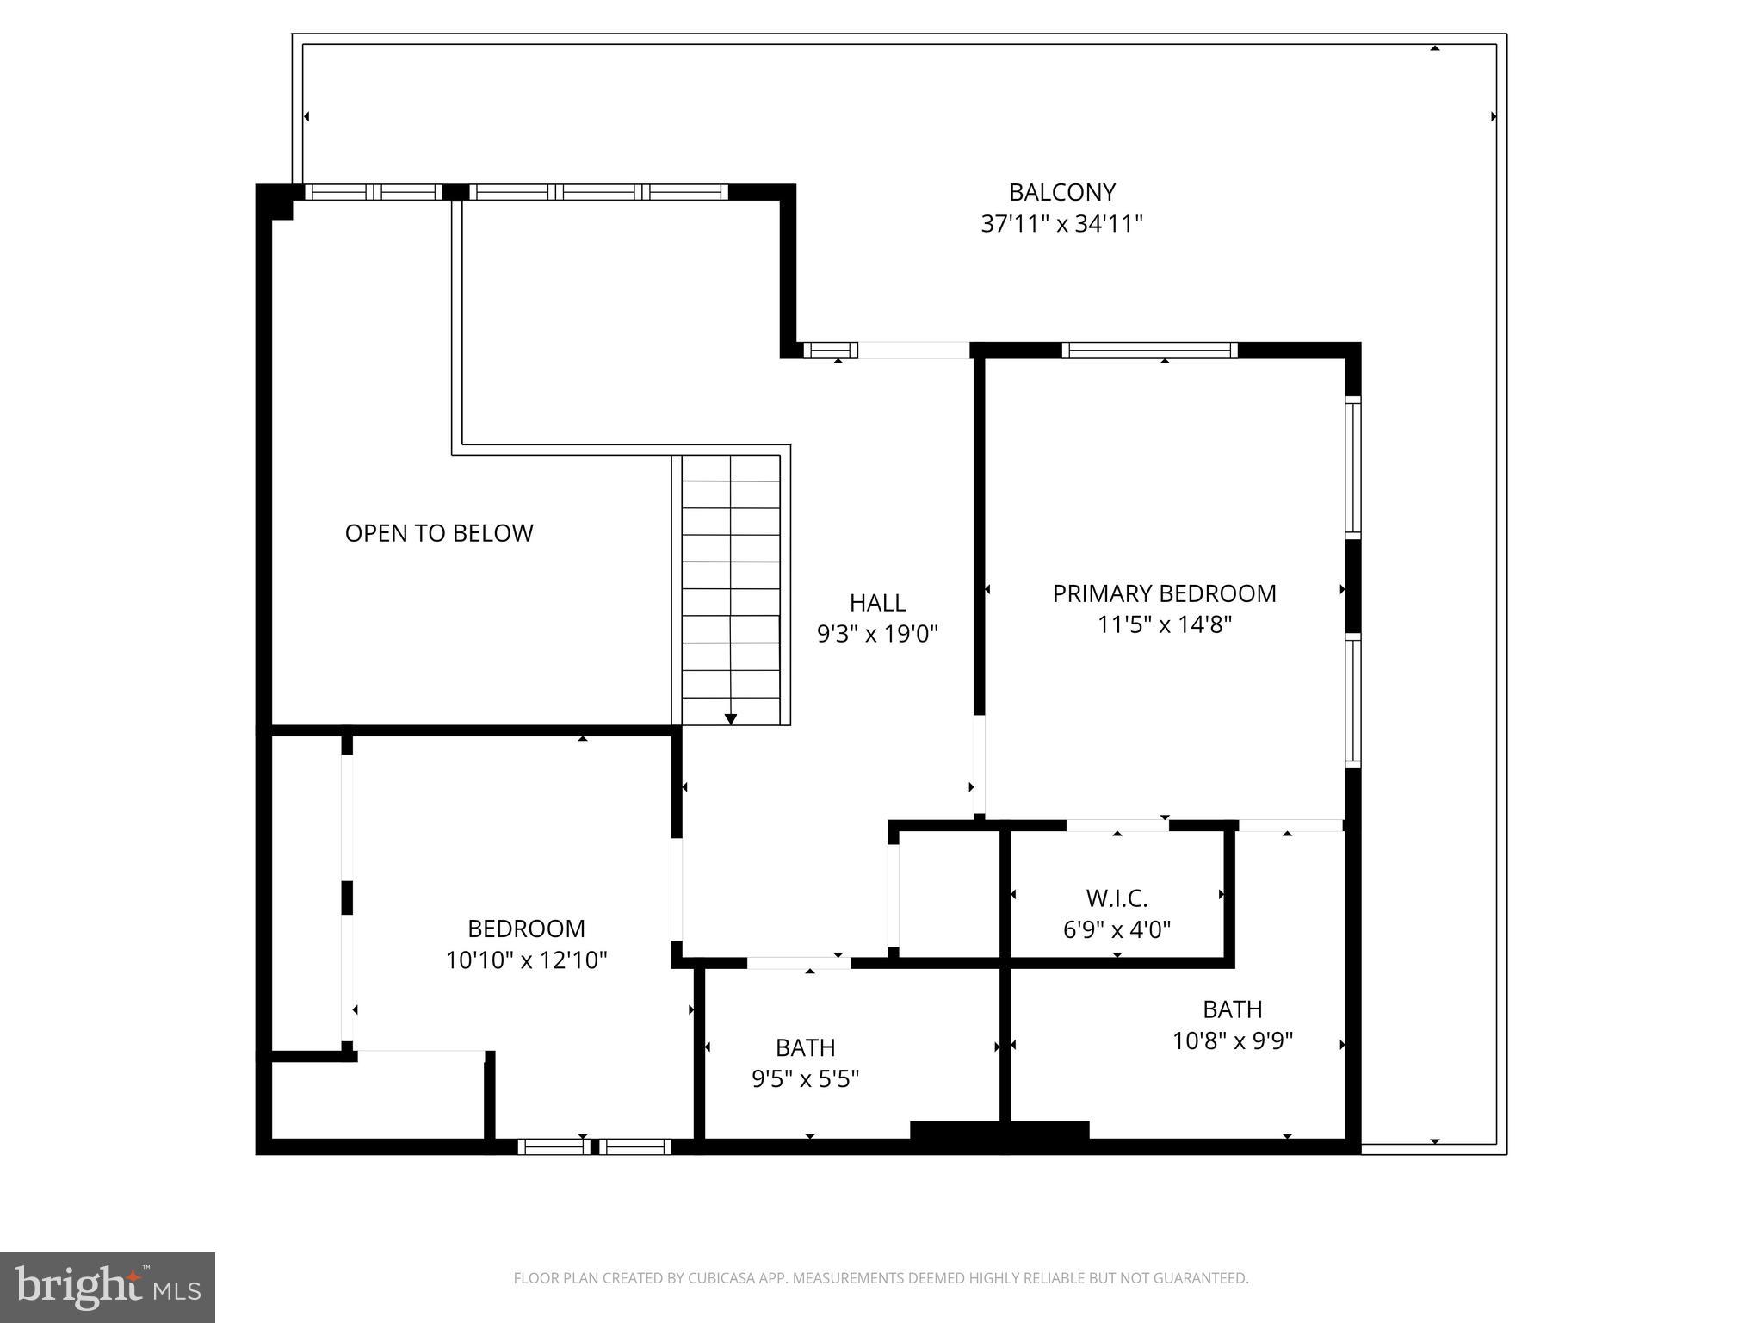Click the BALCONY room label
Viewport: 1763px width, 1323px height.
[1061, 192]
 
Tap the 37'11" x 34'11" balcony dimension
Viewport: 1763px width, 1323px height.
[1061, 224]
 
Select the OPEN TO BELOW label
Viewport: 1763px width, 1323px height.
[439, 533]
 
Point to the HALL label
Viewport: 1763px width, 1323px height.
[877, 602]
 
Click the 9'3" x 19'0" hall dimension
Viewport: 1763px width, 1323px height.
[877, 634]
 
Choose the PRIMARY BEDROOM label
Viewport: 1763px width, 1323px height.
[1164, 593]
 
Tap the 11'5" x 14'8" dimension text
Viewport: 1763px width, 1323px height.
[1164, 624]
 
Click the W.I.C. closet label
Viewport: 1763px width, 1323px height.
[1117, 898]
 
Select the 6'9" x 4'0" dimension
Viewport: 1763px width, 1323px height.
[1117, 930]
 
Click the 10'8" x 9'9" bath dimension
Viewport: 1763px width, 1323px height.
[1232, 1041]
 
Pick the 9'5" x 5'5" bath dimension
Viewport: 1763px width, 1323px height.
[805, 1079]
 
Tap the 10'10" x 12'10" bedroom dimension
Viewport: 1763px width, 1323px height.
[526, 960]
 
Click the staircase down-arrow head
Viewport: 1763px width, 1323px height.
[731, 719]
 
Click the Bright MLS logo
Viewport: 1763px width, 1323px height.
[107, 1287]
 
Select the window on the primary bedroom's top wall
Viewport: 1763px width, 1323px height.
[1149, 351]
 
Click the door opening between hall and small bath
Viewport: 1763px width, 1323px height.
[798, 963]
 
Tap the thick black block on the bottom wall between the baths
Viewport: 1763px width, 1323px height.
[999, 1130]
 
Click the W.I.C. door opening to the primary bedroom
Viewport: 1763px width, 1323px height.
[1117, 825]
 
